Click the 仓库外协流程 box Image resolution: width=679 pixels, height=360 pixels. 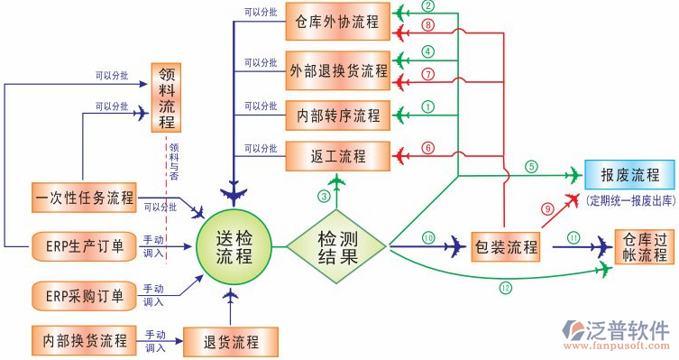coord(337,21)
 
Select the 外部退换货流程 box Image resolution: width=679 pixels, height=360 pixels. coord(337,69)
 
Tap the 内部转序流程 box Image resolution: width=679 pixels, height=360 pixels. coord(337,115)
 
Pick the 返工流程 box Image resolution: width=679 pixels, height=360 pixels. coord(337,156)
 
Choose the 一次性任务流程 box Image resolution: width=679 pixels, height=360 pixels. coord(84,197)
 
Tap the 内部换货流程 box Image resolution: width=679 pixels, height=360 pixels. coord(84,341)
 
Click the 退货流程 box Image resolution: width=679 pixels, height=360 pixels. coord(231,342)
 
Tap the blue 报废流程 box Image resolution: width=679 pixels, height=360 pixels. coord(629,174)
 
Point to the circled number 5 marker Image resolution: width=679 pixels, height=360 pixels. coord(532,166)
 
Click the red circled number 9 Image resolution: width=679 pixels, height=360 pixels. coord(546,208)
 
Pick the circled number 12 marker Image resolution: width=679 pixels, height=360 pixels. coord(504,288)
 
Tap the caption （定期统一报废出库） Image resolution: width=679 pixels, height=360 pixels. coord(629,198)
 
